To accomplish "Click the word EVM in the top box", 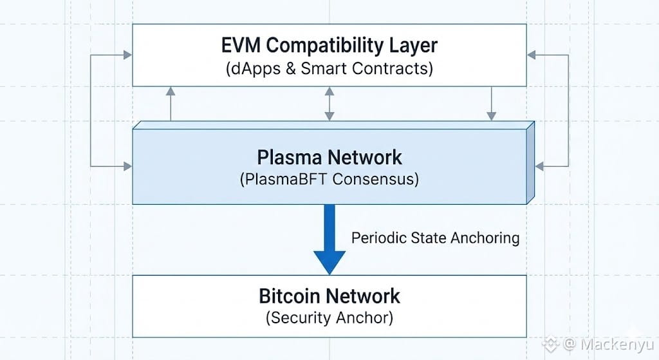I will tap(241, 46).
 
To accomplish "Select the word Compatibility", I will tap(322, 46).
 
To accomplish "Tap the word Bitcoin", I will tap(290, 296).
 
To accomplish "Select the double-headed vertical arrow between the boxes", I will tap(329, 104).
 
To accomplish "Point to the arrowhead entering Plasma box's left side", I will tap(127, 166).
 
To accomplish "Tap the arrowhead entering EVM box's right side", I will tap(532, 55).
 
